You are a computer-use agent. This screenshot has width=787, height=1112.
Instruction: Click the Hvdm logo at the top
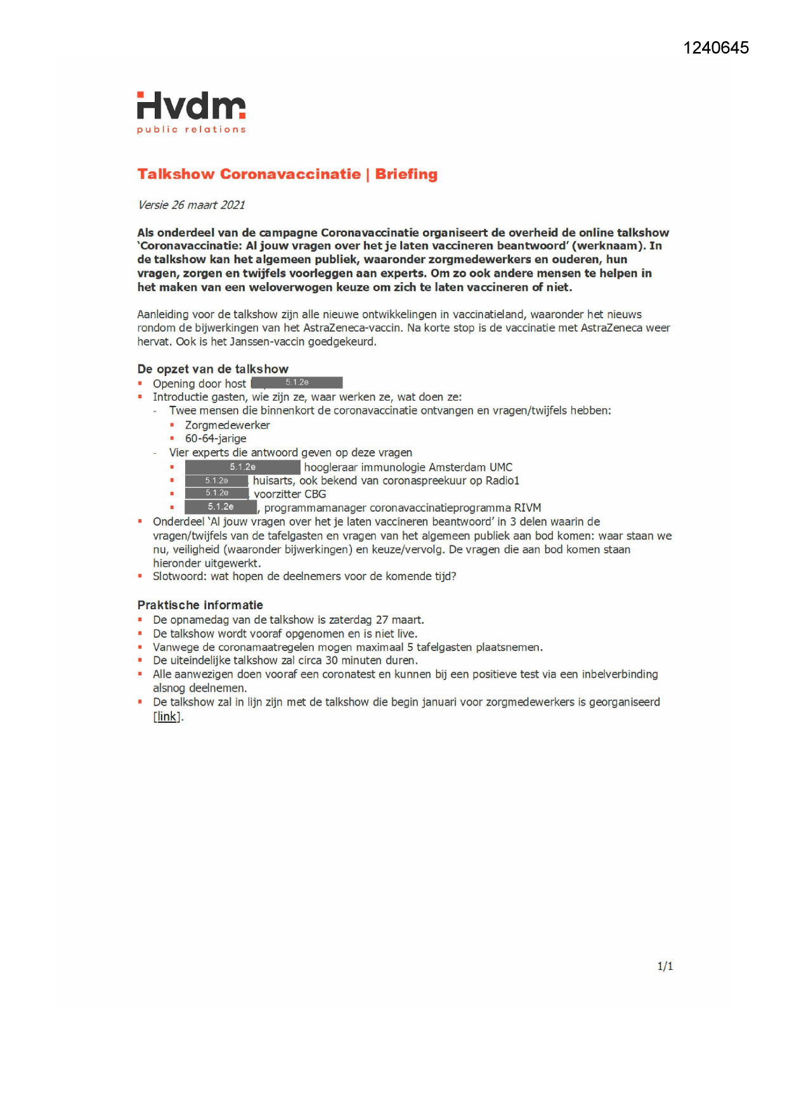(191, 107)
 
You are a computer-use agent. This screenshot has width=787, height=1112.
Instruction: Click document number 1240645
(716, 48)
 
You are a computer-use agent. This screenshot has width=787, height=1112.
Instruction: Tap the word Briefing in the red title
(406, 174)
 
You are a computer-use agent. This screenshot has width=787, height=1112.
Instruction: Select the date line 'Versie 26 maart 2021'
(191, 205)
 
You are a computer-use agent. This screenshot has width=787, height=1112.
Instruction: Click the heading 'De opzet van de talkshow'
(212, 369)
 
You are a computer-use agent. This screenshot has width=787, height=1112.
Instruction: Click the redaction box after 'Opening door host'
(297, 382)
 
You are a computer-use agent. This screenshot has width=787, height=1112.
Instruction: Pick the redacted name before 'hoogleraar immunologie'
(242, 467)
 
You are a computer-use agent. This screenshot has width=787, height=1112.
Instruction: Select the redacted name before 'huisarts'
(216, 481)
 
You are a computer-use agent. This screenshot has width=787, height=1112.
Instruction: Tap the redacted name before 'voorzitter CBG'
(216, 493)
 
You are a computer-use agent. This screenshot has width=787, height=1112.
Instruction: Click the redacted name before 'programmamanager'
(220, 507)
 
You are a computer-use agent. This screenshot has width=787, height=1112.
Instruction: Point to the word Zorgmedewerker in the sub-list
(227, 425)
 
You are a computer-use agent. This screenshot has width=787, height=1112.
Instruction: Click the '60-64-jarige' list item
(216, 439)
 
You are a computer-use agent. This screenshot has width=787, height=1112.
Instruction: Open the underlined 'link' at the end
(167, 716)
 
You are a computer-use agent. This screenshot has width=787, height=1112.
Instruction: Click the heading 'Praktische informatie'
(200, 605)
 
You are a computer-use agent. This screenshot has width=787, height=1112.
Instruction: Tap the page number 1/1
(665, 966)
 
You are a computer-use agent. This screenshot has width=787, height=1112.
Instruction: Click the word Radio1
(502, 481)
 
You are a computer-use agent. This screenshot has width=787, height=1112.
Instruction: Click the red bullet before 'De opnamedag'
(140, 619)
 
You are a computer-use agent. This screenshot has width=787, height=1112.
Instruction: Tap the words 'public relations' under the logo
(191, 129)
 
